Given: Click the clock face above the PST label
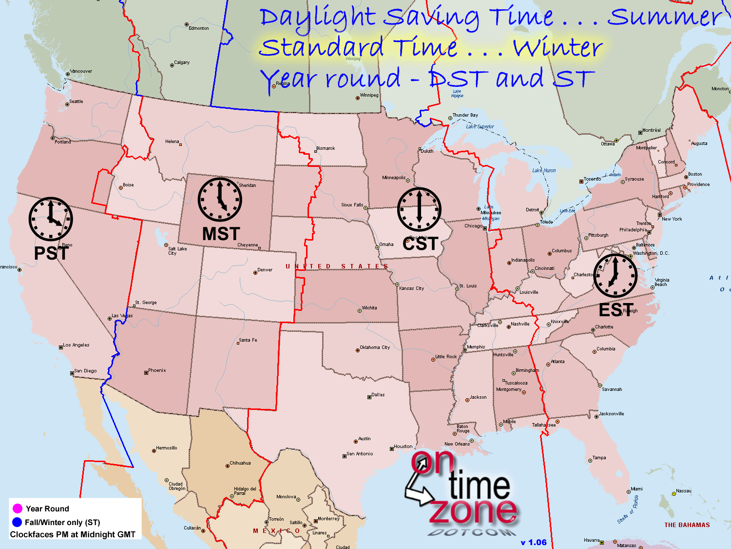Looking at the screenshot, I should [51, 219].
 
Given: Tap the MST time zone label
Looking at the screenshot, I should [221, 234].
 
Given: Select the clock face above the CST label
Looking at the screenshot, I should [419, 209].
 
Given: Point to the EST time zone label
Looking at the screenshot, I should [616, 310].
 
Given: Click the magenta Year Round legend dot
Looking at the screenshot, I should [17, 508].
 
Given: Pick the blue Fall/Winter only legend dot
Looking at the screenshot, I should [17, 522].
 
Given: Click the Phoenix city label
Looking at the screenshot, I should [157, 370].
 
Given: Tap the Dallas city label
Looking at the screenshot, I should [378, 395].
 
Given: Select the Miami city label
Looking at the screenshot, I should [636, 489].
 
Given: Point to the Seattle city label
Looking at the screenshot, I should [76, 102].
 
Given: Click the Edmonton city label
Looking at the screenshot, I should [199, 28].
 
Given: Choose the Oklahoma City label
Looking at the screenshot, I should [375, 347].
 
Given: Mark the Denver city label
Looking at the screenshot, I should [265, 270].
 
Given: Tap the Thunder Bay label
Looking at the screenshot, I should [465, 115].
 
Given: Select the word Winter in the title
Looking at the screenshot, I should [558, 48].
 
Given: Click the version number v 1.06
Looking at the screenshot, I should [534, 542].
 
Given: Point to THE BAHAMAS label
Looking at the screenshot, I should [687, 525].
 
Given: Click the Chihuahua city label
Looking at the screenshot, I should [240, 463].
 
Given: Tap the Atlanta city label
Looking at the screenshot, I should [558, 362].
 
